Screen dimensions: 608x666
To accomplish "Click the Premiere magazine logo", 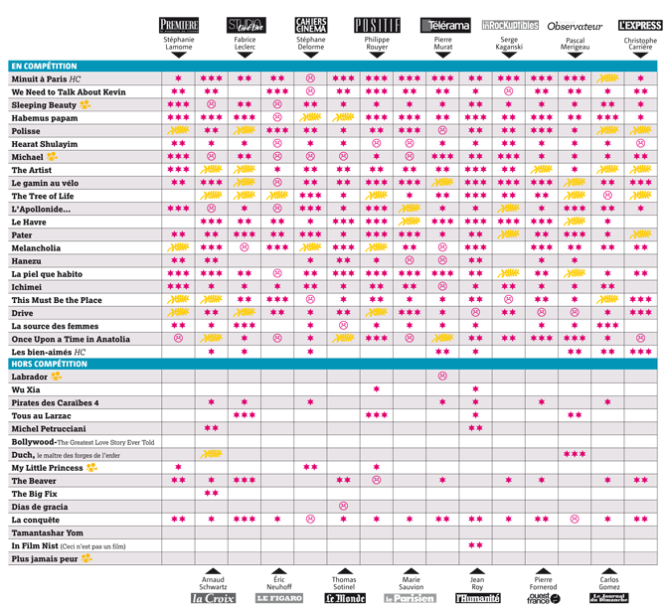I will (x=179, y=25).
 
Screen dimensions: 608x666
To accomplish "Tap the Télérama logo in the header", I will (x=442, y=25).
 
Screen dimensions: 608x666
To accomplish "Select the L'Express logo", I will (x=639, y=25).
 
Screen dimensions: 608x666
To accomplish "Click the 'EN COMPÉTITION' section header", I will (x=47, y=66).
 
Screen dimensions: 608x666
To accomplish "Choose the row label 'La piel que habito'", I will (x=49, y=273).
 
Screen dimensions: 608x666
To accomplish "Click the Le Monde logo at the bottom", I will (x=344, y=598).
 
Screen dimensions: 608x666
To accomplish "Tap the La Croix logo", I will (x=213, y=598).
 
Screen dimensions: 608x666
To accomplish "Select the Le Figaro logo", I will (x=279, y=598).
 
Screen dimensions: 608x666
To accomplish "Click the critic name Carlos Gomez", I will (x=608, y=583).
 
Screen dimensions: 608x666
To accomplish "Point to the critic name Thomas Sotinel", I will (x=344, y=583).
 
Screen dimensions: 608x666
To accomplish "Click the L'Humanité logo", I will (x=476, y=598).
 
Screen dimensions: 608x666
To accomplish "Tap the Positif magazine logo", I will (x=377, y=25).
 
